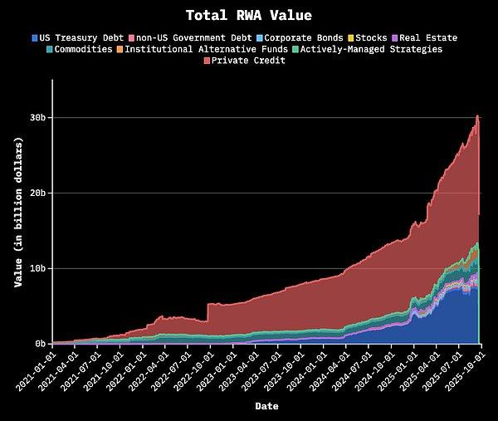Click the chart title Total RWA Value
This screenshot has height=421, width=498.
tap(248, 15)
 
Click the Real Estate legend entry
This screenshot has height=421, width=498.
tap(426, 37)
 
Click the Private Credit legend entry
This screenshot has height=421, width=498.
tap(249, 61)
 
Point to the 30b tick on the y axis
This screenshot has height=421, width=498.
tap(37, 118)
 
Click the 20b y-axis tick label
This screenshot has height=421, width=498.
tap(37, 193)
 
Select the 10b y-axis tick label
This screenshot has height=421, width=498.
tap(37, 268)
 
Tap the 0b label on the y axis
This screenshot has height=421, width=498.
tap(40, 344)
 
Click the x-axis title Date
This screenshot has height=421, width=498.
tap(266, 407)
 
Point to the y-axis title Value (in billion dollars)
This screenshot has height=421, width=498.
tap(17, 212)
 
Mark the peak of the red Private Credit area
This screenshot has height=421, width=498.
tap(478, 115)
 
